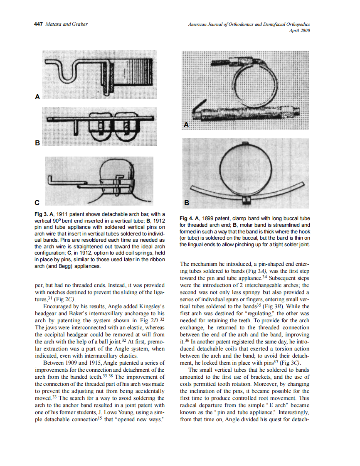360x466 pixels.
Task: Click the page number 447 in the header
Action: tap(38, 24)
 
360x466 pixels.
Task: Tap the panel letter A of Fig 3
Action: tap(37, 97)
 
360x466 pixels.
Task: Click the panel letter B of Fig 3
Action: tap(37, 143)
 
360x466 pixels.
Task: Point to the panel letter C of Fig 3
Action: tap(37, 203)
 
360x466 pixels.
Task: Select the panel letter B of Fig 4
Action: tap(187, 203)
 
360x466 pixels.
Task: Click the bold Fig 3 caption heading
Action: tap(42, 214)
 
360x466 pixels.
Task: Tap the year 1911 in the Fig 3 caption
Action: tap(65, 214)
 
